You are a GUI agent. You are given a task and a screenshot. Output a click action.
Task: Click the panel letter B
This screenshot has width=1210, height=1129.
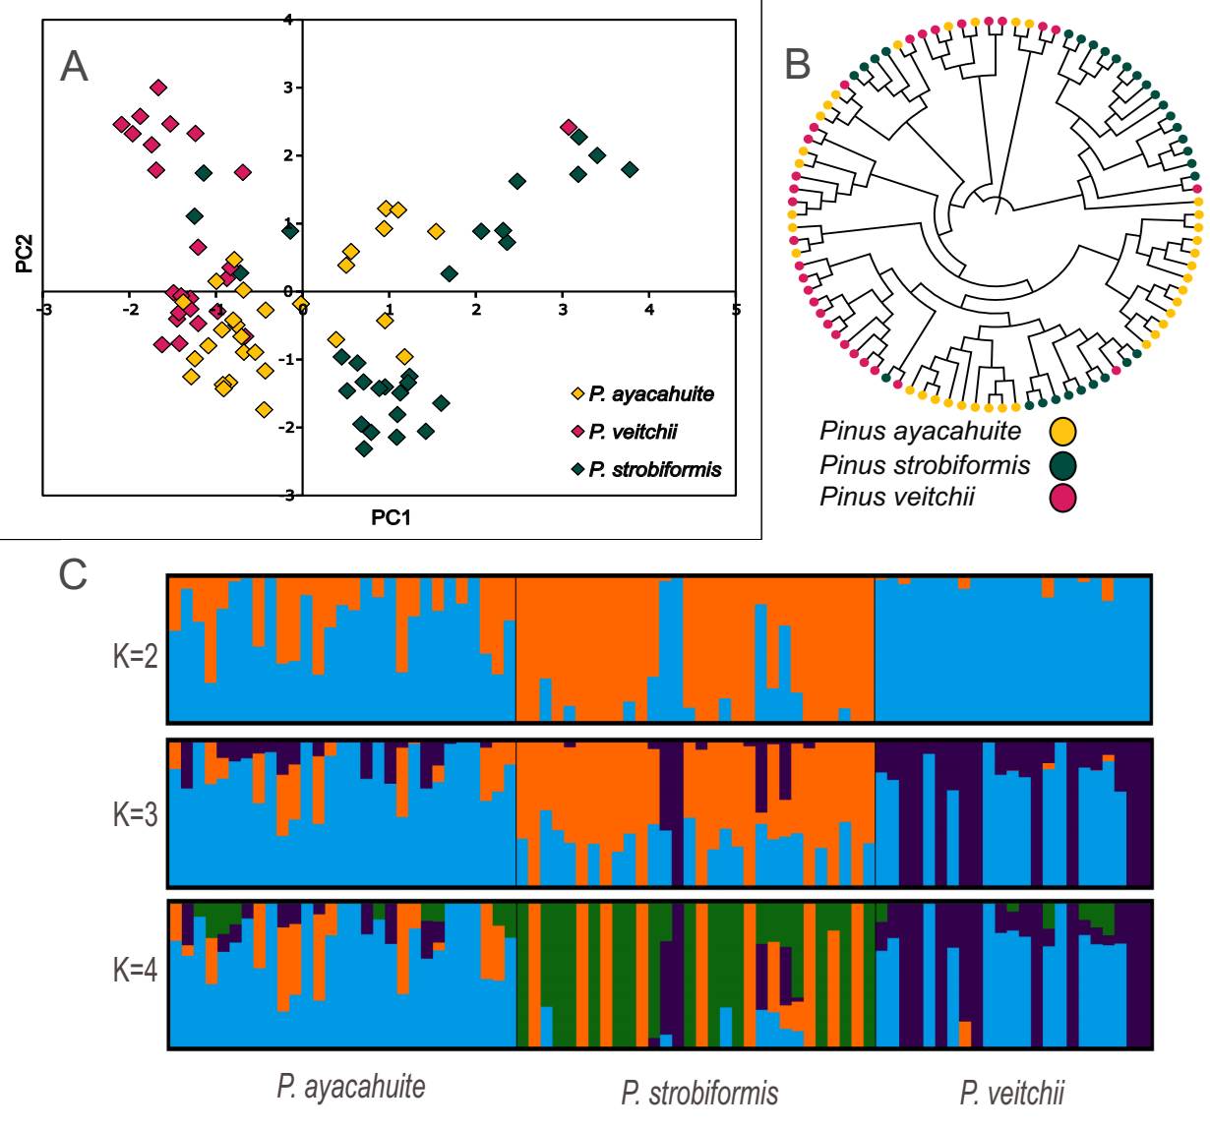tap(798, 64)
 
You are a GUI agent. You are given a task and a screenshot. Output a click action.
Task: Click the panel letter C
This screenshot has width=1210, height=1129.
tap(74, 574)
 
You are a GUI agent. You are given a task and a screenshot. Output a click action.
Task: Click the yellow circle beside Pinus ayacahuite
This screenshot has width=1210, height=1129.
tap(1062, 431)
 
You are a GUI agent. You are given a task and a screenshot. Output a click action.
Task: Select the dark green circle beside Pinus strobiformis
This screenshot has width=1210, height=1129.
tap(1062, 464)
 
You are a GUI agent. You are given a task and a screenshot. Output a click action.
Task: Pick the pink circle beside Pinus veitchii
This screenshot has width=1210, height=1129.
tap(1062, 498)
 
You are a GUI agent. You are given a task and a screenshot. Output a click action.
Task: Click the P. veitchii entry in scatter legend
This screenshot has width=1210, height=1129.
tap(633, 432)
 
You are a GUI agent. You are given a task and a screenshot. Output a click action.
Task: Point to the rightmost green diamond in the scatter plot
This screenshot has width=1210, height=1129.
tap(630, 170)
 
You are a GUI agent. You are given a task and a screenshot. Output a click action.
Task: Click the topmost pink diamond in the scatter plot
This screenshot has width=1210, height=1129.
tap(157, 88)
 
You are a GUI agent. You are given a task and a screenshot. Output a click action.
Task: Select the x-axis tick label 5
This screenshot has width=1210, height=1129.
tap(736, 311)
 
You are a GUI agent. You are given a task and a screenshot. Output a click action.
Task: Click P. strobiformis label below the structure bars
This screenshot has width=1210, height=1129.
tap(699, 1093)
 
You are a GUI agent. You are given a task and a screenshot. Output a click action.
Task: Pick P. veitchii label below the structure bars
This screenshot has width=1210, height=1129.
tap(1011, 1093)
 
